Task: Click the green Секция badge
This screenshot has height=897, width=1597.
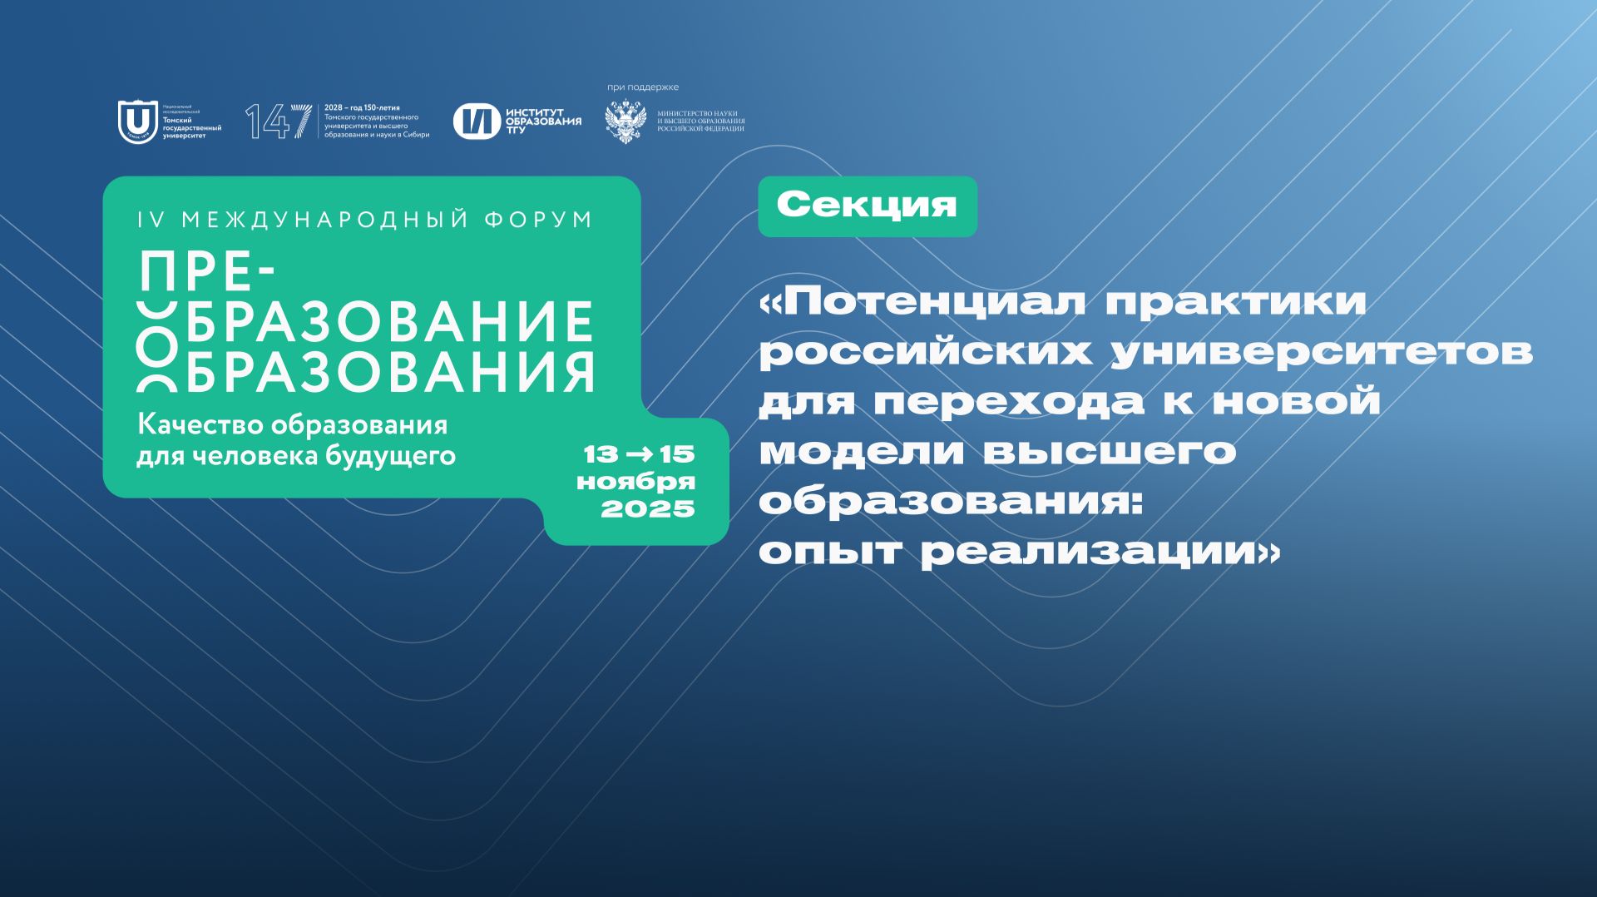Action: tap(867, 206)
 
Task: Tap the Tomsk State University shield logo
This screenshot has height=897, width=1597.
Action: tap(137, 122)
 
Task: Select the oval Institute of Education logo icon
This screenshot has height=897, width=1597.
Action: tap(477, 121)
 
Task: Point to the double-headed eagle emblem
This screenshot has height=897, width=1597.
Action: tap(625, 122)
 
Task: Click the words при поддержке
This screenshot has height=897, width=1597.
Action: tap(643, 87)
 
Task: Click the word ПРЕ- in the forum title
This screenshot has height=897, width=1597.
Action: tap(207, 272)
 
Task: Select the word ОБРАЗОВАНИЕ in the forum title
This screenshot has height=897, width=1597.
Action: tap(389, 321)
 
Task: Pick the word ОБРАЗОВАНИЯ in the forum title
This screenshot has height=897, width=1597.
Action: tap(389, 371)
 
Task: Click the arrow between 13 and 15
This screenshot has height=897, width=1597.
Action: tap(639, 454)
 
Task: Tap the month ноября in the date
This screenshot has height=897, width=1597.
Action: tap(635, 482)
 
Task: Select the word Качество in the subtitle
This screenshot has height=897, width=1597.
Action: tap(190, 425)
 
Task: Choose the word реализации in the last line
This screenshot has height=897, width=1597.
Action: tap(1090, 553)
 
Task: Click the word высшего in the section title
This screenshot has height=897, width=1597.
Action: tap(1110, 452)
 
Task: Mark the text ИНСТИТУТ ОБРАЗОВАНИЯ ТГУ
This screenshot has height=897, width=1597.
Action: tap(543, 121)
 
